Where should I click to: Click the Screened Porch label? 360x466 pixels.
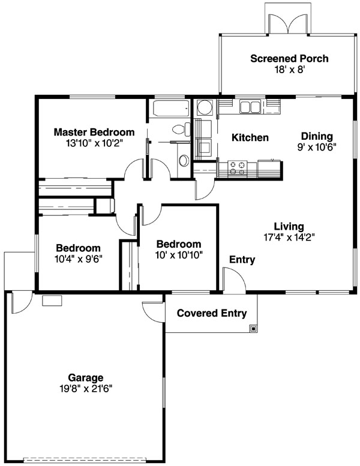[289, 59]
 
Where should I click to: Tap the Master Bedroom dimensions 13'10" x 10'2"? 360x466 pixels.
[94, 143]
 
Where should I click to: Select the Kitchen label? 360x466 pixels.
[250, 137]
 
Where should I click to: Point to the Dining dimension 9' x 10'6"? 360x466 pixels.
[317, 147]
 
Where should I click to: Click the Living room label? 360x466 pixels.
[289, 227]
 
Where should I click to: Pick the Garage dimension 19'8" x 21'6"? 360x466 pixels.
[86, 389]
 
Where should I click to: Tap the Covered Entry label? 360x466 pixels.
[212, 313]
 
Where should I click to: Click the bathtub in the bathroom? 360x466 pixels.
[171, 109]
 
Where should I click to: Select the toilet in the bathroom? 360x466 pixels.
[181, 130]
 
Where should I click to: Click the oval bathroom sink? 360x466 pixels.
[184, 161]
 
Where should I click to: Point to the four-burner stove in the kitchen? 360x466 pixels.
[237, 168]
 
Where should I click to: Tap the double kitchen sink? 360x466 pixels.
[250, 107]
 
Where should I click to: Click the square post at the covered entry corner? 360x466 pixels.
[253, 329]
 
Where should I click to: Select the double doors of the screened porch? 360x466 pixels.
[288, 24]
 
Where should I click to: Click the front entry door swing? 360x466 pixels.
[234, 279]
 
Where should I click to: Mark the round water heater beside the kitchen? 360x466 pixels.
[205, 107]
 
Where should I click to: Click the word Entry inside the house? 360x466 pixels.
[242, 260]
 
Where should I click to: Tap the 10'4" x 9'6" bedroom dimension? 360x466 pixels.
[79, 259]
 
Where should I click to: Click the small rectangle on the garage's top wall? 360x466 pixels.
[52, 300]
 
